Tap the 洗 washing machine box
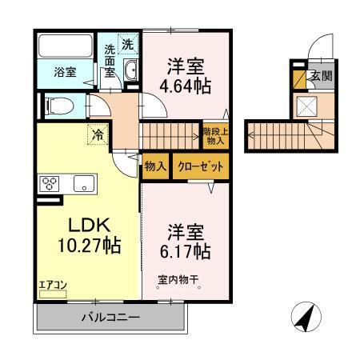tap(128, 43)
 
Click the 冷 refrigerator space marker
tap(97, 135)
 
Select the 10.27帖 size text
tap(88, 246)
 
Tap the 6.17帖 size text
tap(189, 251)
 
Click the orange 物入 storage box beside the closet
tap(155, 167)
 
